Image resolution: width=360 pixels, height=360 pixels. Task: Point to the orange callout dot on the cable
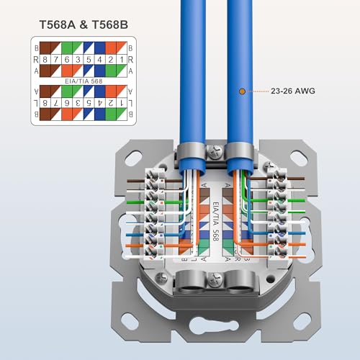click(x=242, y=91)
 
